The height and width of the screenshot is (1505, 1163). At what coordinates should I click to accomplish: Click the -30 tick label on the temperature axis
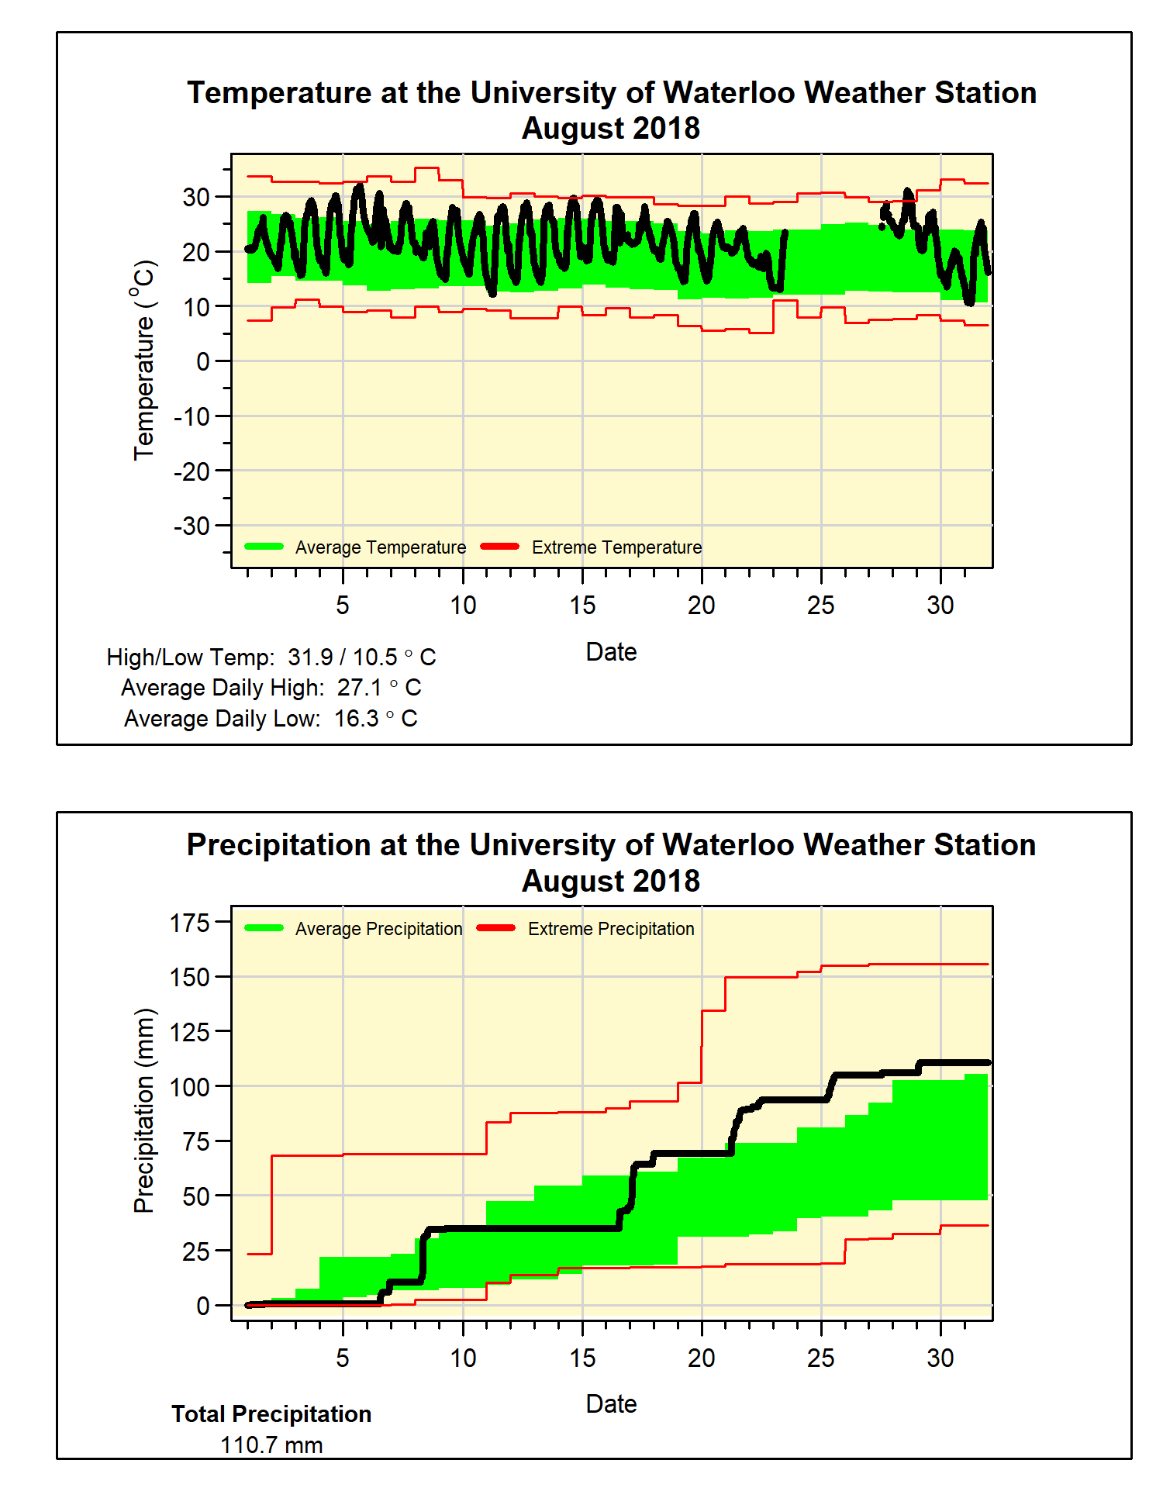click(192, 526)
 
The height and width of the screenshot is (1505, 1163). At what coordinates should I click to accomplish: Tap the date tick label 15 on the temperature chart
click(582, 606)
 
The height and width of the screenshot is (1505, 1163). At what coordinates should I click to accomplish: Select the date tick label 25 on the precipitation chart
click(820, 1358)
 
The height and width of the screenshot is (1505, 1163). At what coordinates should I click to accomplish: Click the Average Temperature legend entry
click(380, 547)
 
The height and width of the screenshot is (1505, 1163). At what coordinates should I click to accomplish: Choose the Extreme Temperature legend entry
click(616, 547)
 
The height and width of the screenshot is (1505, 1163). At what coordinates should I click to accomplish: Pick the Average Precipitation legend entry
click(378, 929)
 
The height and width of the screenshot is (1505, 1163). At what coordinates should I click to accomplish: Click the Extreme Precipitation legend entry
click(611, 929)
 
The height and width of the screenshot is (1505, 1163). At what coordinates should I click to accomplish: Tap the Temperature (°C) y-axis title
click(144, 361)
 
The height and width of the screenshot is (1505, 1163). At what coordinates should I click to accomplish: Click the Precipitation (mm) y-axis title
click(144, 1110)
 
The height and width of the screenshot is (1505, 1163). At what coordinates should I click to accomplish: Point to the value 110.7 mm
click(271, 1445)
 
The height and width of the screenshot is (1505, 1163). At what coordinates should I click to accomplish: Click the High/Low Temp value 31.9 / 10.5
click(343, 658)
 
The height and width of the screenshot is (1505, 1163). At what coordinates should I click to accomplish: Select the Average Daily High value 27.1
click(360, 688)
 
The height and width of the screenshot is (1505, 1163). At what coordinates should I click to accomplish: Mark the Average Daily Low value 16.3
click(357, 719)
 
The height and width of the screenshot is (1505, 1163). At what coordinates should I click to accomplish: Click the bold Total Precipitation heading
click(271, 1414)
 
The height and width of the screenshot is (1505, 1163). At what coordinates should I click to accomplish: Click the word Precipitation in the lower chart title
click(279, 845)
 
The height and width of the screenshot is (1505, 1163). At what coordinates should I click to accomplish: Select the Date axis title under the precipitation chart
click(611, 1404)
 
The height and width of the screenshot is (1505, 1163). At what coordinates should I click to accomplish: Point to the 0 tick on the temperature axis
click(202, 361)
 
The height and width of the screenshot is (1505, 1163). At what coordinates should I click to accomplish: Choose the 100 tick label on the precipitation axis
click(190, 1087)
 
